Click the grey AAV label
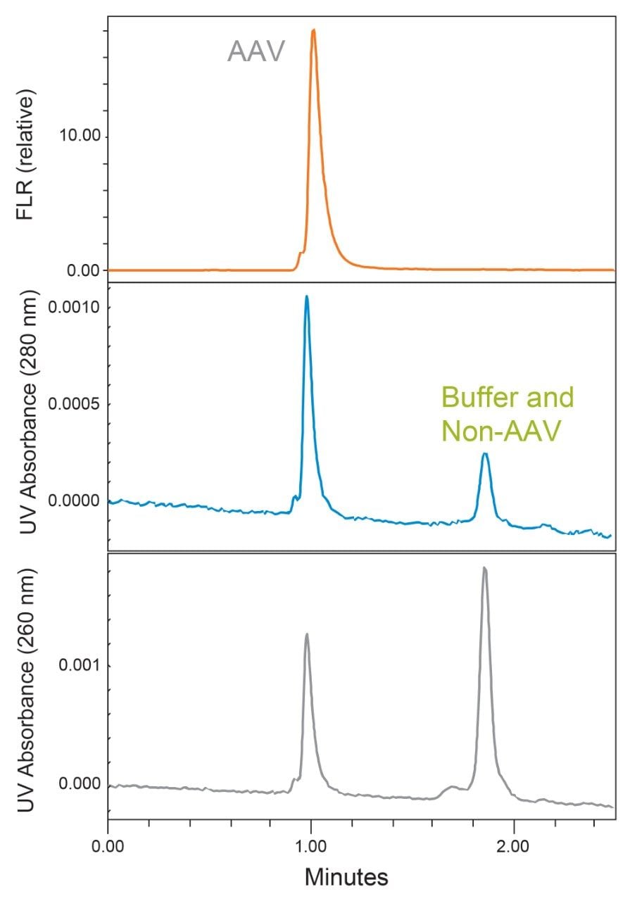pyautogui.click(x=256, y=51)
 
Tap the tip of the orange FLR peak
pyautogui.click(x=313, y=31)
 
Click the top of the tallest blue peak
pyautogui.click(x=306, y=297)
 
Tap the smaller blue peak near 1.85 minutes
pyautogui.click(x=484, y=455)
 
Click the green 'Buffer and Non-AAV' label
pyautogui.click(x=507, y=414)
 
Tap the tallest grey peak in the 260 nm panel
pyautogui.click(x=484, y=568)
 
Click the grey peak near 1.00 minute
pyautogui.click(x=306, y=635)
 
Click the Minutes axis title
pyautogui.click(x=346, y=876)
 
